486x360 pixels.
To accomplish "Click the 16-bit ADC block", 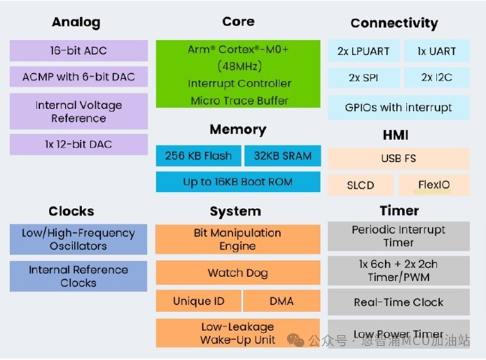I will [78, 51].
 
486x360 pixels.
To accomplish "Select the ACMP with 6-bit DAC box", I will [78, 77].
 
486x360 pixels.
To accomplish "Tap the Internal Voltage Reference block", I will [78, 111].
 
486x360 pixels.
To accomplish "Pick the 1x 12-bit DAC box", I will [78, 144].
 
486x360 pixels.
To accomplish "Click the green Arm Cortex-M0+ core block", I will [238, 74].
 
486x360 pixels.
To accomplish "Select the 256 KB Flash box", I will [198, 156].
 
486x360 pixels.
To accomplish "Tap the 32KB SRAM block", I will [282, 156].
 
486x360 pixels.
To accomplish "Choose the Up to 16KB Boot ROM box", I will [238, 182].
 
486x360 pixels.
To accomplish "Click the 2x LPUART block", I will [363, 51].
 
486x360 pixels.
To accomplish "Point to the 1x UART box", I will [436, 51].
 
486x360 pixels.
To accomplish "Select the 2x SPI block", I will [363, 78].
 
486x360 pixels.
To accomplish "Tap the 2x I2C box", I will [436, 78].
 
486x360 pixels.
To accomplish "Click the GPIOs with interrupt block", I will [398, 108].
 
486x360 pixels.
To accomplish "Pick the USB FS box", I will [398, 159].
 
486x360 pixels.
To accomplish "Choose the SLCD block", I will [360, 185].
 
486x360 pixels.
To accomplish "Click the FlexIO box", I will [434, 185].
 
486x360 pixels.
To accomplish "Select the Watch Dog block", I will [238, 273].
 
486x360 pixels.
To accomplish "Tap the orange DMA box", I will [282, 301].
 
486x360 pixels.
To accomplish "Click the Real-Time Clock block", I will [398, 302].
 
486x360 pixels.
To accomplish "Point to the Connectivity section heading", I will [394, 24].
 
